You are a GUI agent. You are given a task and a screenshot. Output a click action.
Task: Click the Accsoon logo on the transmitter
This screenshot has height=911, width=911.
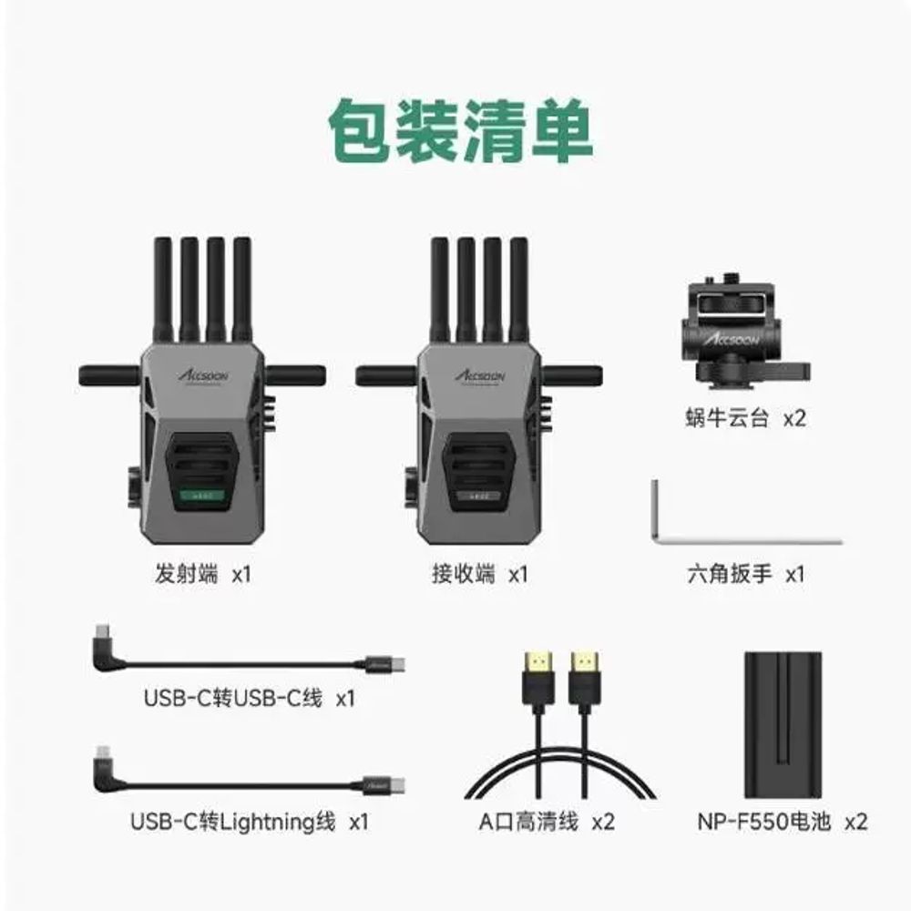tap(202, 374)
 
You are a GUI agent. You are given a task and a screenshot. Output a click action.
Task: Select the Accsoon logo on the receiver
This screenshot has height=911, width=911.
tap(479, 374)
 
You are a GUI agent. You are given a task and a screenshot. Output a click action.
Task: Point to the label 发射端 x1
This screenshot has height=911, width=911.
tap(202, 575)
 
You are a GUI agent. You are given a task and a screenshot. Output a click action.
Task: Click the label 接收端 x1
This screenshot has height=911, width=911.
tap(479, 575)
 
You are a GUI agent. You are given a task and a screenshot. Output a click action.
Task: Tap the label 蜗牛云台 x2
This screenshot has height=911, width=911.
tap(746, 418)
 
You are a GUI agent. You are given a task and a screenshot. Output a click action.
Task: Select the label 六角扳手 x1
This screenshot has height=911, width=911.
tap(746, 574)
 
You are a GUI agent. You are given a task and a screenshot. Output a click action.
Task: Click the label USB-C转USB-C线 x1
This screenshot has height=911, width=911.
tap(249, 700)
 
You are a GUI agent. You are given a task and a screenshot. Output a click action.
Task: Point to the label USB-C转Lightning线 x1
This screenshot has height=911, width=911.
tap(249, 821)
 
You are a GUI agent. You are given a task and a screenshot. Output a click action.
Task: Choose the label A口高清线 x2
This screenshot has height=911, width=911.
tap(547, 821)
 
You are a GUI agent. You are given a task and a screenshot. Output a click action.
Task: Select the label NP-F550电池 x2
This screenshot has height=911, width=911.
tap(781, 821)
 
